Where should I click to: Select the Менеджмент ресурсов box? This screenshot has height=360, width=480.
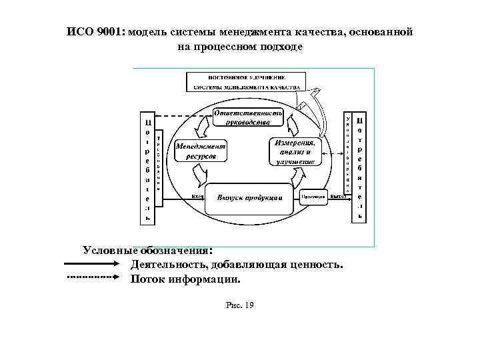pos(200,151)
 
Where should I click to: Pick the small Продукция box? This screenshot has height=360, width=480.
pos(312,197)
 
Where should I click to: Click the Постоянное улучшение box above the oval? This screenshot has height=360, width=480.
pos(246,81)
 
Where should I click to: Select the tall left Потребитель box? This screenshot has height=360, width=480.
pos(147,169)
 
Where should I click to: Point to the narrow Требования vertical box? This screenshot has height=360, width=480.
pos(159,159)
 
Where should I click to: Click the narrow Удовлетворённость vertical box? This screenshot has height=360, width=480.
pos(347,153)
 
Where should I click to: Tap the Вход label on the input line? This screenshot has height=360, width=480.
pos(197,196)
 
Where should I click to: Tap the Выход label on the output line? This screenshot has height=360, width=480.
pos(338,196)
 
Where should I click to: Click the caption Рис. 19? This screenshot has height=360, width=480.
pos(240,305)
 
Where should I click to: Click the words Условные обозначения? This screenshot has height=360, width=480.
pos(147,251)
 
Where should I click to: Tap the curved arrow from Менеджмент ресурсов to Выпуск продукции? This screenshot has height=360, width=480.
pos(198,175)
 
